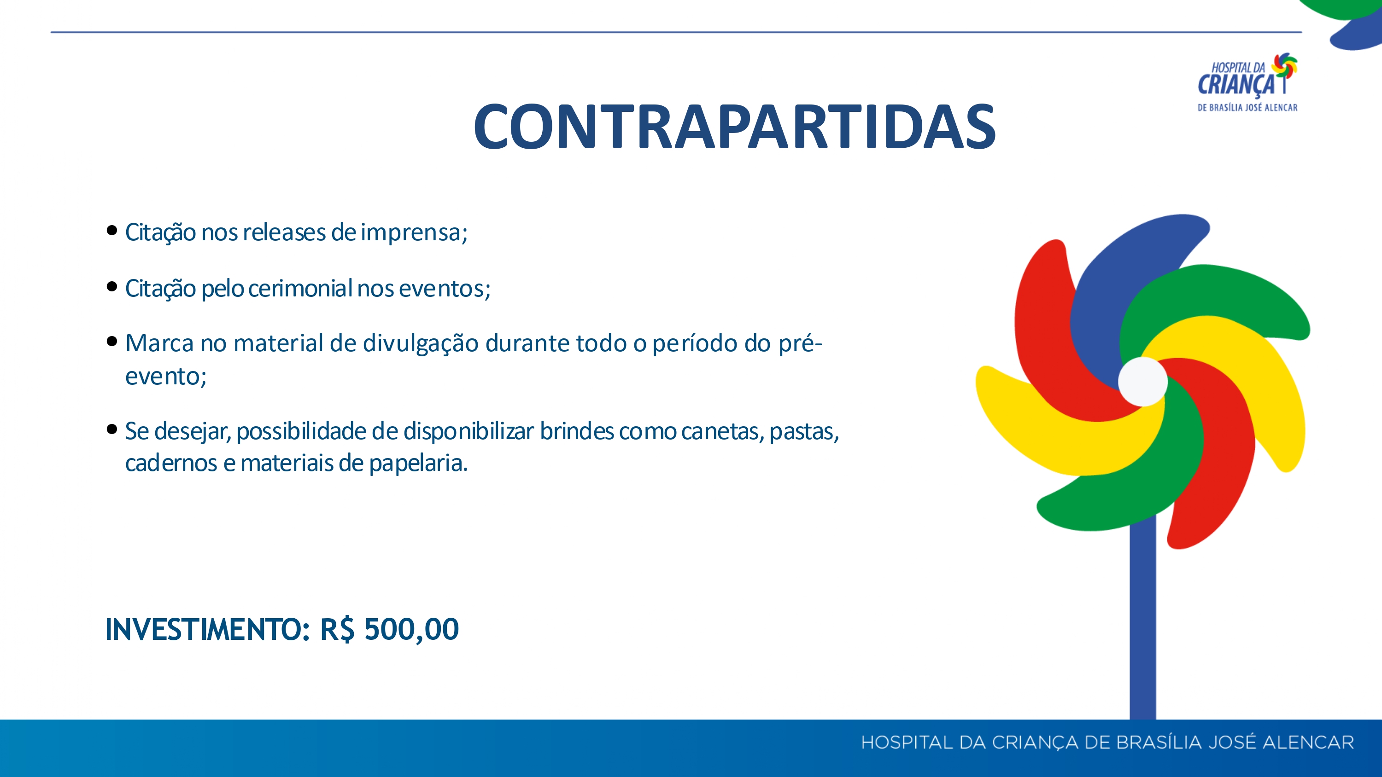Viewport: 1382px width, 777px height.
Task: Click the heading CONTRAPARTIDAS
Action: pos(734,127)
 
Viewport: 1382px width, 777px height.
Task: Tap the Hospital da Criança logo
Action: pos(1247,82)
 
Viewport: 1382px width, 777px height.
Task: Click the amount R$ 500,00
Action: pos(389,630)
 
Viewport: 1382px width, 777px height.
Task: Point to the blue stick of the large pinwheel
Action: pos(1143,622)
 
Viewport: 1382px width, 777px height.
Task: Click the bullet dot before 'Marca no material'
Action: pos(111,341)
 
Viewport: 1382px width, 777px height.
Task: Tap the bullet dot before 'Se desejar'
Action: pos(111,429)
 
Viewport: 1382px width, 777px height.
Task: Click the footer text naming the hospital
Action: pos(1107,742)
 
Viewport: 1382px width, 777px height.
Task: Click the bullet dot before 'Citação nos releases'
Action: pos(111,231)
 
